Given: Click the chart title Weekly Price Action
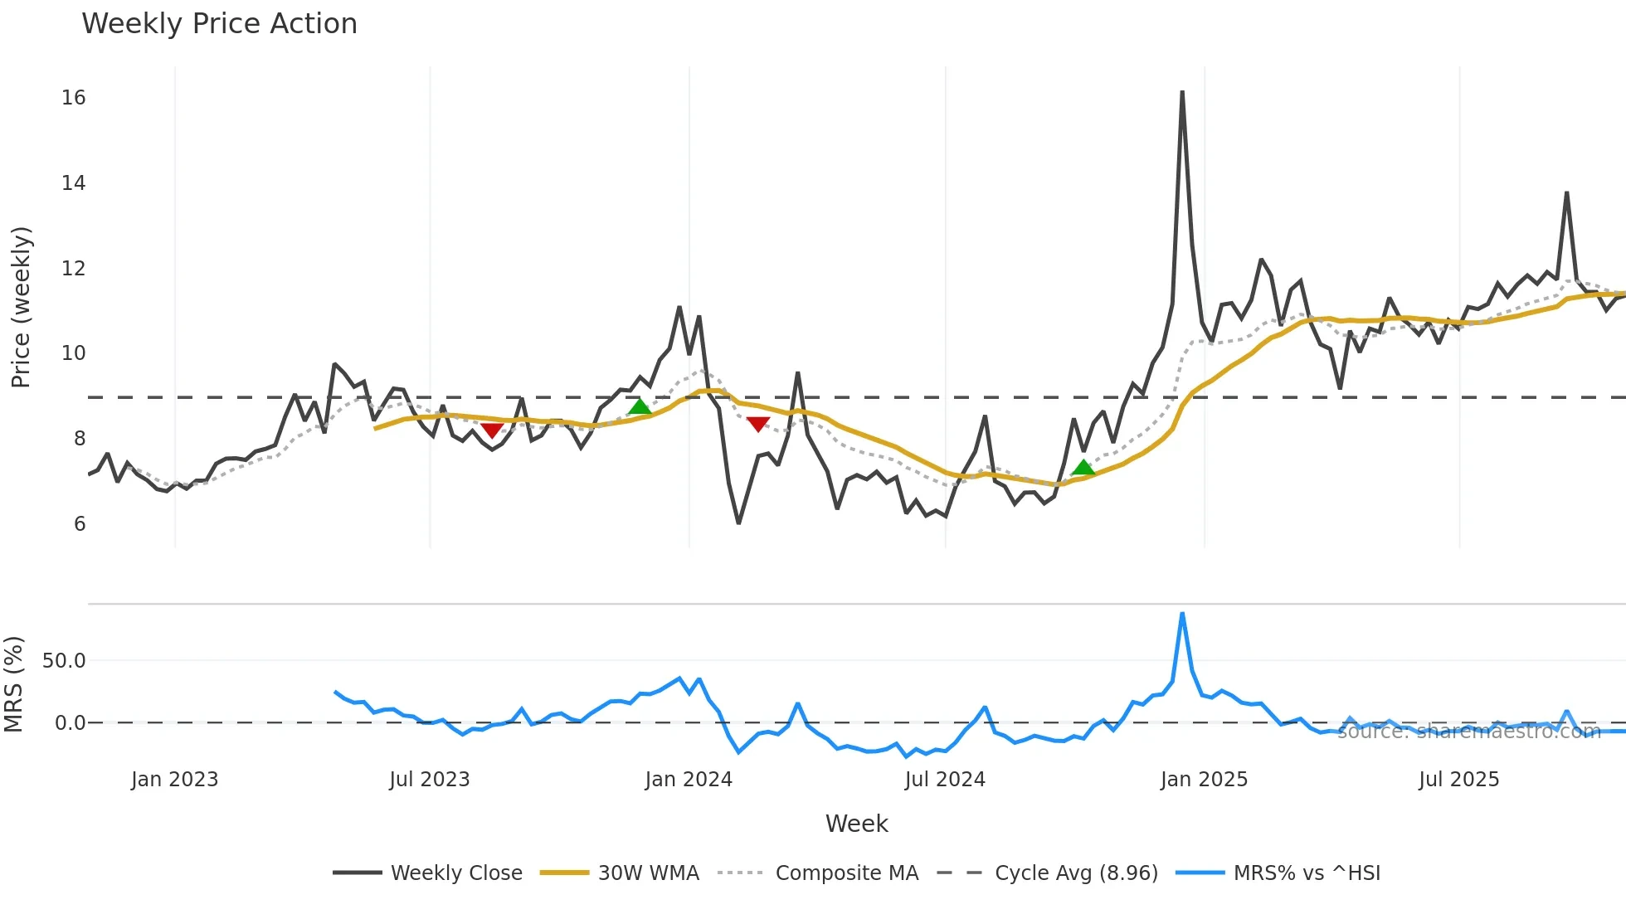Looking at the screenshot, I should point(219,24).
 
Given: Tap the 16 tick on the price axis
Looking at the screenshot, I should point(74,98).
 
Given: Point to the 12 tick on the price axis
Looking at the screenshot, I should point(74,268).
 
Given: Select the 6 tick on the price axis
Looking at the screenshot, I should point(80,523).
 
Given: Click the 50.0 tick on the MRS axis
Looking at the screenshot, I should point(64,661).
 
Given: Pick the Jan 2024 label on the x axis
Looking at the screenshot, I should point(689,780).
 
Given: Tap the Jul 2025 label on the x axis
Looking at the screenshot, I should point(1458,780).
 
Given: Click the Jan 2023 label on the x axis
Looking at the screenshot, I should point(174,780).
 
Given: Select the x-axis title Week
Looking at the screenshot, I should point(856,824).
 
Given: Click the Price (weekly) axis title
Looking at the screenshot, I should point(21,307).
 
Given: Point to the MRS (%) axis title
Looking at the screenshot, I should point(14,684).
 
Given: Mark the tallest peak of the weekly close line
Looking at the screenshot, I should point(1182,92).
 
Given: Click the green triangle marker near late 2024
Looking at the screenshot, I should point(1083,468).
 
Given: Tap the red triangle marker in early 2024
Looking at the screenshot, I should point(758,425).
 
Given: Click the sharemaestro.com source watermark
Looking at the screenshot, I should point(1468,732).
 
